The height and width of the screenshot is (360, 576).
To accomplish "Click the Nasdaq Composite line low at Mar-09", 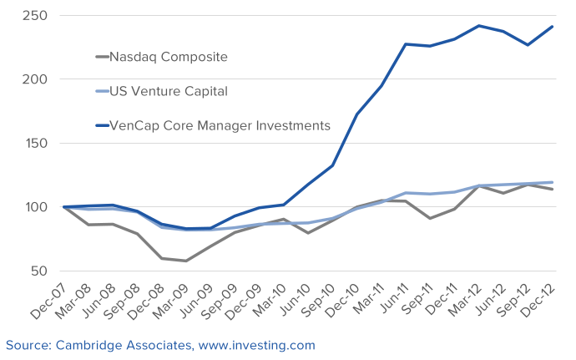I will pyautogui.click(x=186, y=261).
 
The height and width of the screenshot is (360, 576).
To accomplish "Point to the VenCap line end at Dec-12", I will pyautogui.click(x=552, y=27).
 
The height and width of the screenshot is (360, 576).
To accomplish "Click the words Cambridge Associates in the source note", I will pyautogui.click(x=113, y=344).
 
